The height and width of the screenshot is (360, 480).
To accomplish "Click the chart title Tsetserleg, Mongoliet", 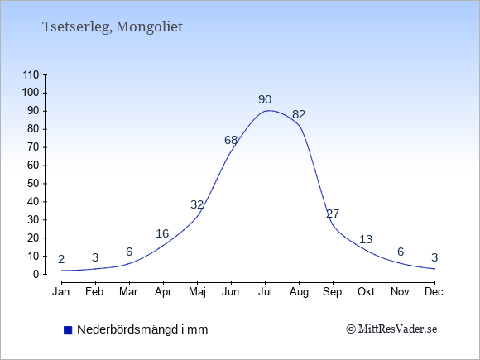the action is click(x=113, y=27).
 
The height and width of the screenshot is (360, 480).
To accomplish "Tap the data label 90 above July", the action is click(x=265, y=99).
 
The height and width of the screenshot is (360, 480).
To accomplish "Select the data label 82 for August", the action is click(x=299, y=114).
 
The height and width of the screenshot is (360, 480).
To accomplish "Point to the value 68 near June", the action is click(x=231, y=140).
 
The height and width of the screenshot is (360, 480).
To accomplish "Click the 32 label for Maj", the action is click(x=197, y=204).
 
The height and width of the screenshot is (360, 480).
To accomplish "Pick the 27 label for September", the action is click(x=333, y=214).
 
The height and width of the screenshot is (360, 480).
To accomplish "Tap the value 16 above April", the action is click(x=162, y=233).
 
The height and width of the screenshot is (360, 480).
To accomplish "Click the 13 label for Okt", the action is click(x=366, y=239).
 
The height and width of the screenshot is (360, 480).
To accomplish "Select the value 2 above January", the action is click(x=61, y=260).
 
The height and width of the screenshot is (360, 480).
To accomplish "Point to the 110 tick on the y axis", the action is click(x=31, y=75).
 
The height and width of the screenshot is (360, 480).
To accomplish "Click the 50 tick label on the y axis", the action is click(x=33, y=184).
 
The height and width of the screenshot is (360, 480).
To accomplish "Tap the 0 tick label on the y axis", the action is click(x=36, y=274).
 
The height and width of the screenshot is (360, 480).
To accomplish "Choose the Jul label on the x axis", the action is click(x=265, y=292).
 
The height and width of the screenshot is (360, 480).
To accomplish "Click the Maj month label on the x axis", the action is click(x=197, y=292).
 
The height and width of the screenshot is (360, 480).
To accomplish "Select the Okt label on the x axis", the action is click(x=366, y=292).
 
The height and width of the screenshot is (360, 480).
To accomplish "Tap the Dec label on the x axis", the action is click(x=434, y=292).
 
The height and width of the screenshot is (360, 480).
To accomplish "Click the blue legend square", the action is click(x=68, y=330).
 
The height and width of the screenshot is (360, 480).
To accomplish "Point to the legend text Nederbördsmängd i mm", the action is click(x=142, y=329).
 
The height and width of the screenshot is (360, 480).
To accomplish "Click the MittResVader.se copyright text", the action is click(x=391, y=329).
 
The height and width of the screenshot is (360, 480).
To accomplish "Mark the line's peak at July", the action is click(x=268, y=110).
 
